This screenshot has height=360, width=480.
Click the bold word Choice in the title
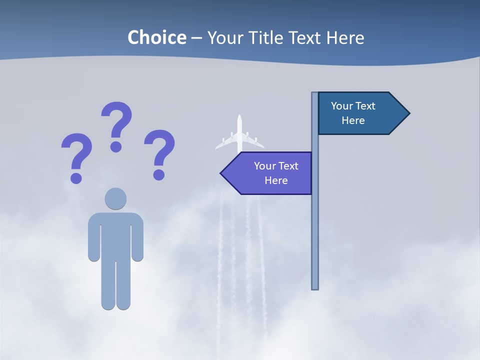(x=156, y=37)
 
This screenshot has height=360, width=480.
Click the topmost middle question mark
(x=116, y=125)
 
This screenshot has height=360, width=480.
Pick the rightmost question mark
(x=159, y=152)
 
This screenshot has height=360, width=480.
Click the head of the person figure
(x=115, y=198)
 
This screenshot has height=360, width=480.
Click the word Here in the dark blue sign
(x=353, y=120)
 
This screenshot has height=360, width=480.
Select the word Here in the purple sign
(x=276, y=180)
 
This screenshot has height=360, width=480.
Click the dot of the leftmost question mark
(x=76, y=178)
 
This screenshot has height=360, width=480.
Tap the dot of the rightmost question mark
(x=158, y=174)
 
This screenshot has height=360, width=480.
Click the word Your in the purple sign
(x=264, y=166)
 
